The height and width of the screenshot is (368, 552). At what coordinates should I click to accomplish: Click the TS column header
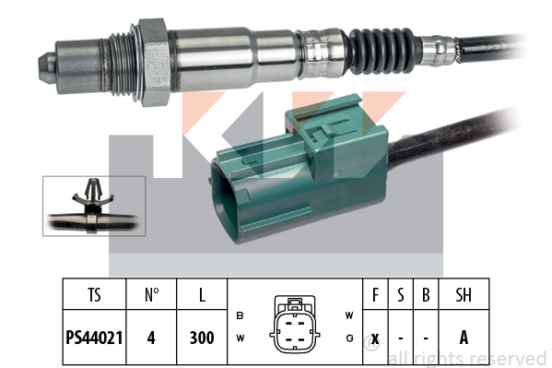[94, 295]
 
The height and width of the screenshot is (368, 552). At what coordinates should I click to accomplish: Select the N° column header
[152, 295]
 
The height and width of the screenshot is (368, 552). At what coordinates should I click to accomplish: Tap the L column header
[202, 295]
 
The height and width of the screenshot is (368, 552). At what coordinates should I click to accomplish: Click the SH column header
[464, 295]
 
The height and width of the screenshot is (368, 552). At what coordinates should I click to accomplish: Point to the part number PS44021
[94, 338]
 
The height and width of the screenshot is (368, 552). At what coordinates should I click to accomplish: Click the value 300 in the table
[202, 338]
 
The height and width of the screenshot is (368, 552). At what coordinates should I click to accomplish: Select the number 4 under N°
[151, 338]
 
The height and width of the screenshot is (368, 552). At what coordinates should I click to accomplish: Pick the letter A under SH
[464, 338]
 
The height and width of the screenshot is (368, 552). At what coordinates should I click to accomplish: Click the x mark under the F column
[375, 338]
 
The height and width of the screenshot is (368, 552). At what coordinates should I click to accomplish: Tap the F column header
[375, 295]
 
